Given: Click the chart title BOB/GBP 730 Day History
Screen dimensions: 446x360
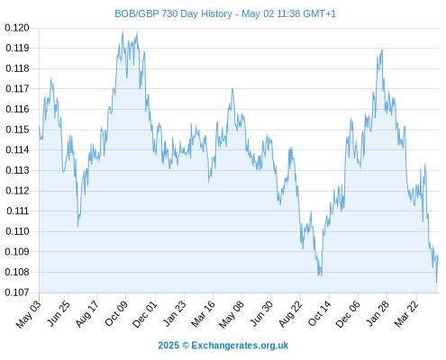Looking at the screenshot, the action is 173,13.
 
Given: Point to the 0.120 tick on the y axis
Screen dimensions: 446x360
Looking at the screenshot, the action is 17,28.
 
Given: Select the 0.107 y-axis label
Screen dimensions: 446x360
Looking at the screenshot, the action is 17,292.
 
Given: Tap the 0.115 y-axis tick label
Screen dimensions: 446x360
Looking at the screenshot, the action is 17,130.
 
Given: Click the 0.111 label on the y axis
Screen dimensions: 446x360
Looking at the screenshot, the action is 18,211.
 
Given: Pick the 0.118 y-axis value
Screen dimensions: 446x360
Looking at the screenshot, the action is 17,68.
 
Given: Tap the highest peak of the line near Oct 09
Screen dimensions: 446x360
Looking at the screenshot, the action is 123,31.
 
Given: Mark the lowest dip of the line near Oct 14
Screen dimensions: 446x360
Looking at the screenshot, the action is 319,275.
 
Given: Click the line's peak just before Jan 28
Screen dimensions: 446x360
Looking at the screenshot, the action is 382,49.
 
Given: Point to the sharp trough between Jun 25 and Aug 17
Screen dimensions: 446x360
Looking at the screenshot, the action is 77,226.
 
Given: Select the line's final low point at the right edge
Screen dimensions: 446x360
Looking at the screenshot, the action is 436,283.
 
